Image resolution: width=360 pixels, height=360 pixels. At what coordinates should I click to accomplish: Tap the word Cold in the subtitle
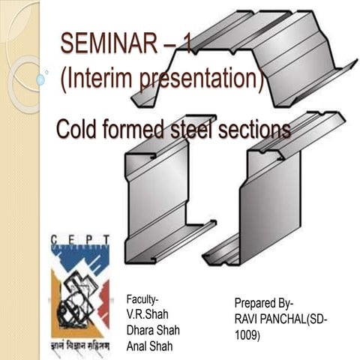pos(78,130)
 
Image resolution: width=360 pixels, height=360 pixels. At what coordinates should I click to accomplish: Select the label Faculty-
pos(143,299)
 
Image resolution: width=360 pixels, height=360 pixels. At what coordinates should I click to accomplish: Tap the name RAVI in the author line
pos(247,319)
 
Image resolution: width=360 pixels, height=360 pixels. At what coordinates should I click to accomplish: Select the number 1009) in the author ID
pos(247,335)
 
